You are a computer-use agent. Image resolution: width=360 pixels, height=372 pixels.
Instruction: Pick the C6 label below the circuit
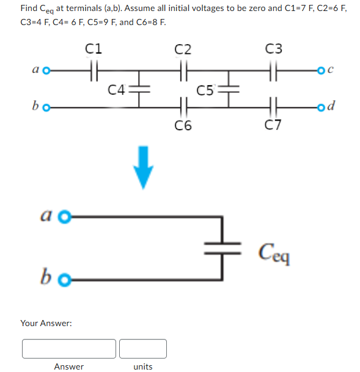pos(182,127)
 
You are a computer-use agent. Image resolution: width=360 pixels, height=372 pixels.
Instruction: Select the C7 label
pos(274,127)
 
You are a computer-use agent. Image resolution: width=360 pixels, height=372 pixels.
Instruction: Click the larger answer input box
pos(69,348)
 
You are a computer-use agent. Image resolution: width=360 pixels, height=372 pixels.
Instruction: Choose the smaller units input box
pos(142,348)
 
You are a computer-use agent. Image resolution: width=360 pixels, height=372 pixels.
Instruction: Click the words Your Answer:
pos(46,322)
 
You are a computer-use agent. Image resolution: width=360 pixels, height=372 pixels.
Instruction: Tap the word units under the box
pos(142,366)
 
